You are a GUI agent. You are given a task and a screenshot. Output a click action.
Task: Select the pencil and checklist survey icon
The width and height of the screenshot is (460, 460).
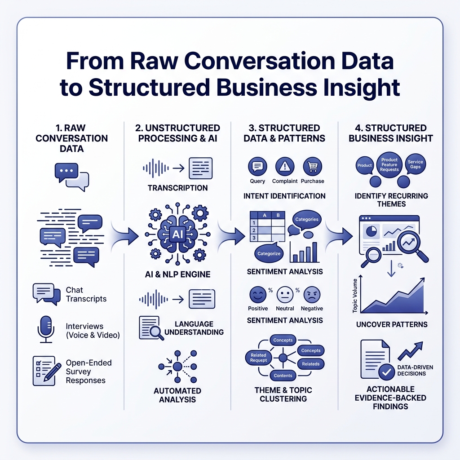[x=47, y=371]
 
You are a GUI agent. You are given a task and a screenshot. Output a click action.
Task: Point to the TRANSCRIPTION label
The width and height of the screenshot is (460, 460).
[x=177, y=188]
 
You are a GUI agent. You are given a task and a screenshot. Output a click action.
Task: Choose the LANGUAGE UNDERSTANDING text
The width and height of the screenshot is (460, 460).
[x=194, y=328]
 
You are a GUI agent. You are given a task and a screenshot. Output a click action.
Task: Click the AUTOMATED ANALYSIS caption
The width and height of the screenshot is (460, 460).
[x=177, y=395]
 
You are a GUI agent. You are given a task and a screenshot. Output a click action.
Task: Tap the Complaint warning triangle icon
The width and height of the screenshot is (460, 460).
[x=285, y=167]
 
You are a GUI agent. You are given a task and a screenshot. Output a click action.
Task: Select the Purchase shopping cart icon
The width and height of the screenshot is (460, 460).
[x=312, y=167]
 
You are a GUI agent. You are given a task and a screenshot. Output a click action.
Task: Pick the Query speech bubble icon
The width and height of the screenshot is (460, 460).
[x=257, y=167]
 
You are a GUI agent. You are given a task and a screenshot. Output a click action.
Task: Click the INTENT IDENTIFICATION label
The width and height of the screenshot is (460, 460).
[x=284, y=196]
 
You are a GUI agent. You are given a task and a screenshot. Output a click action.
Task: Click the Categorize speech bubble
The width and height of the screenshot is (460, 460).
[x=269, y=253]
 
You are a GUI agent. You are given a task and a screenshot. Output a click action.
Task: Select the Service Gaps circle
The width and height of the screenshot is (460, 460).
[x=416, y=165]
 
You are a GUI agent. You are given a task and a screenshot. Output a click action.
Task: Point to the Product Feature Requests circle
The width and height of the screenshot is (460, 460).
[x=389, y=164]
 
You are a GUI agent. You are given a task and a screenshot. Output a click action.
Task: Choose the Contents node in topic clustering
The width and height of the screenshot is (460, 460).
[x=283, y=376]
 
